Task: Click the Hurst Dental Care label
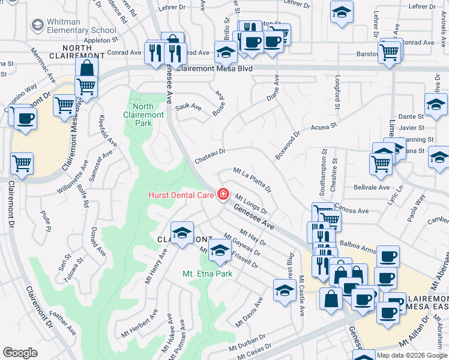tap(182, 194)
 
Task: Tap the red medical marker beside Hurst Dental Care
tap(223, 194)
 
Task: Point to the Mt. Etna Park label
tap(207, 274)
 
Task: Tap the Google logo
tap(20, 353)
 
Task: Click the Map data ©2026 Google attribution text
tap(412, 355)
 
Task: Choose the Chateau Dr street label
tap(209, 153)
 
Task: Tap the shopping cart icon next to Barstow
tap(390, 52)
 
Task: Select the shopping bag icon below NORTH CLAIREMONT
tap(87, 68)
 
